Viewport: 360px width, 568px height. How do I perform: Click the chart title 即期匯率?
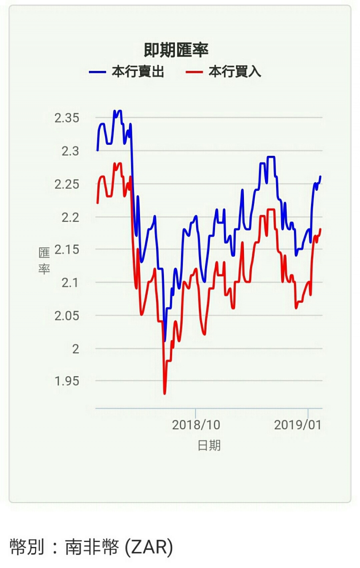[175, 50]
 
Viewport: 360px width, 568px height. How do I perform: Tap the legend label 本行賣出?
[137, 72]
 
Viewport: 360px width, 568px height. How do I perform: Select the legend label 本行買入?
[234, 72]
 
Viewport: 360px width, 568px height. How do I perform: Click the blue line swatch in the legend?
[97, 72]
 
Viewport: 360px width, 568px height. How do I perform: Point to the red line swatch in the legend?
[194, 72]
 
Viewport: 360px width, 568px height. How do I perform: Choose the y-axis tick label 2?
[75, 349]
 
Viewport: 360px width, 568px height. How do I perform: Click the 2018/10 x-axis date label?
[196, 425]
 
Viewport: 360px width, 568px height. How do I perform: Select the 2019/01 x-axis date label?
[298, 425]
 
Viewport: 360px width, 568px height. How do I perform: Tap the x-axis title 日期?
[209, 446]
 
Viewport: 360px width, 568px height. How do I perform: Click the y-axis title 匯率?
[44, 261]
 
